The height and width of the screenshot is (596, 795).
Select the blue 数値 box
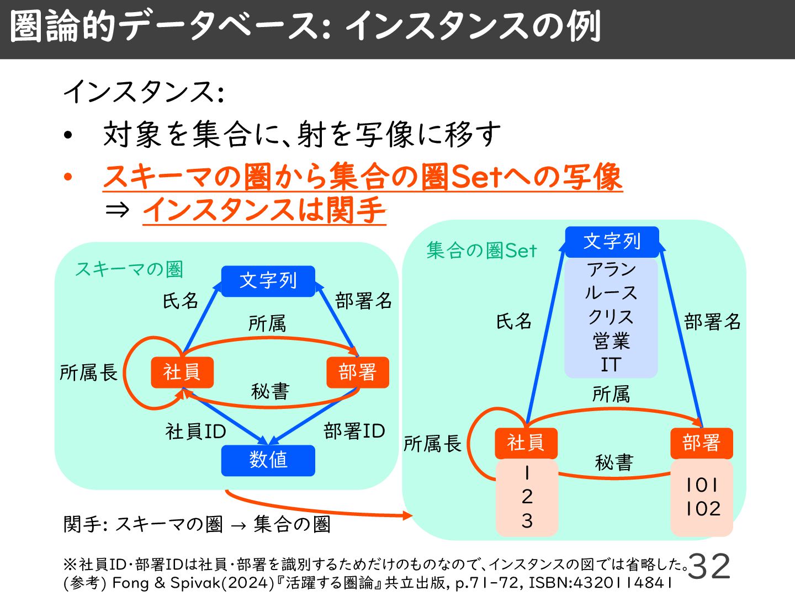268,460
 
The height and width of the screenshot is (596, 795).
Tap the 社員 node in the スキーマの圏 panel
182,372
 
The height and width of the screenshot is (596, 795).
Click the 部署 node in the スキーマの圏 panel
357,372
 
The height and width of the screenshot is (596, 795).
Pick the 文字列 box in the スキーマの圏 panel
268,281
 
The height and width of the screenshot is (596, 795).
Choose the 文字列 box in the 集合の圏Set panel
612,242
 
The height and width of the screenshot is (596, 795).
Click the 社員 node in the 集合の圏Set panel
526,443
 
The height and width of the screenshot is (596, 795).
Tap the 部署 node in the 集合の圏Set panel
701,443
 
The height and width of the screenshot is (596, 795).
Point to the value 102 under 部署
703,508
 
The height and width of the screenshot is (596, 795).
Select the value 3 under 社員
527,520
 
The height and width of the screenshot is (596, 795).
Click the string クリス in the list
611,317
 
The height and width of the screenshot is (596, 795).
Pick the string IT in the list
611,365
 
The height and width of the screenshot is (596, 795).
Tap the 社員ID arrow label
195,432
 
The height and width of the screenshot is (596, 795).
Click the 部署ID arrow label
354,431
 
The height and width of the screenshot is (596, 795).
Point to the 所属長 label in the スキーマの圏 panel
88,373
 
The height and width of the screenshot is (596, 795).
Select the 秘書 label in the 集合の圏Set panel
614,462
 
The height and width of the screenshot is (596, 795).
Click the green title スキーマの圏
129,269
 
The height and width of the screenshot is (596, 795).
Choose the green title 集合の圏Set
481,251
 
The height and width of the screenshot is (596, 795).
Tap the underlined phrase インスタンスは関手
264,210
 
